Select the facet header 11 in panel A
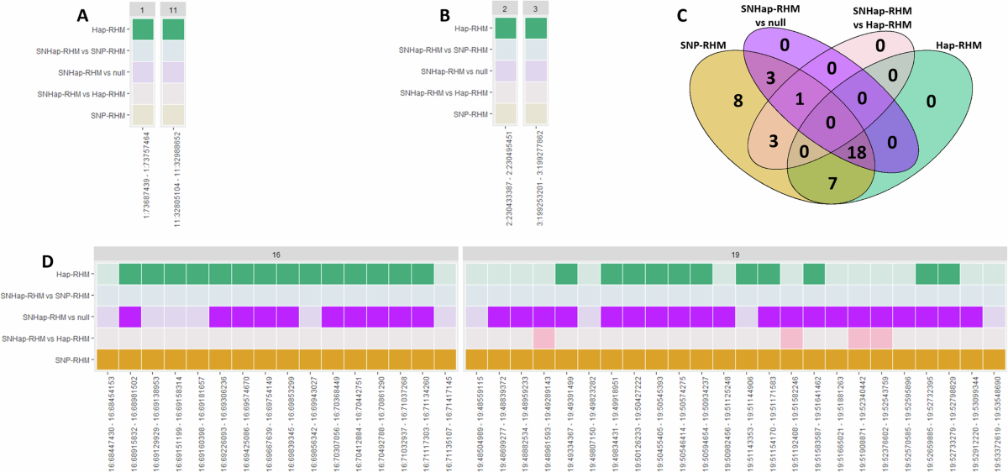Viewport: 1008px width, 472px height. (x=173, y=8)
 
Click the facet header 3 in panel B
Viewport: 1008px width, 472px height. (x=536, y=8)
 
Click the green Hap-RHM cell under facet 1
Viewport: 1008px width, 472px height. (x=143, y=29)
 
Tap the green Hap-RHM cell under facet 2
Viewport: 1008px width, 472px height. (x=506, y=29)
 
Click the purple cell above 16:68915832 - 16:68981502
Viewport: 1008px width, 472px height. (x=130, y=317)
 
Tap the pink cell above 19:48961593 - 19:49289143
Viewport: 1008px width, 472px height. (x=543, y=338)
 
